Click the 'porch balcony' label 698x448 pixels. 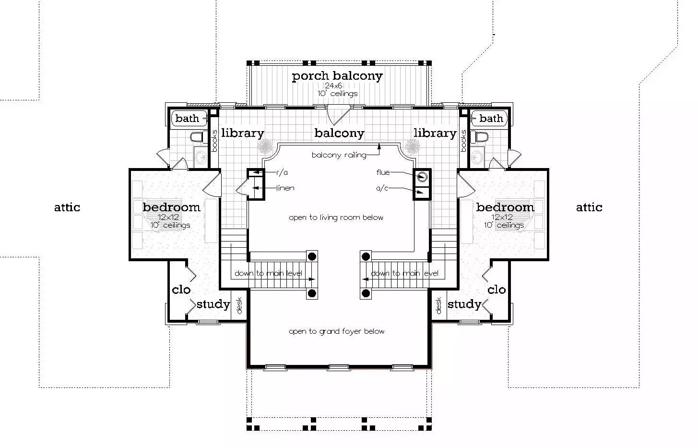(337, 76)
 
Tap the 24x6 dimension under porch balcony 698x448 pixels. (333, 85)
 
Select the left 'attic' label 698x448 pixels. (67, 207)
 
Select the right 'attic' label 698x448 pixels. (589, 207)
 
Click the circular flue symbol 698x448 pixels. (422, 177)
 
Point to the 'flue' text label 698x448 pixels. (383, 172)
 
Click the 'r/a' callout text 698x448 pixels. (282, 172)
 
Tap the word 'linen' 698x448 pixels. (285, 188)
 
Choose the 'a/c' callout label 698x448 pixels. (382, 188)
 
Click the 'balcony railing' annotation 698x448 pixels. (339, 155)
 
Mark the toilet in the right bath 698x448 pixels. (479, 137)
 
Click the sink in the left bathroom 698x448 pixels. (201, 157)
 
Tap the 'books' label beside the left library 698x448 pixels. (214, 141)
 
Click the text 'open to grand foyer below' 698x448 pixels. (337, 331)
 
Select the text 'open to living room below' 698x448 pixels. (336, 218)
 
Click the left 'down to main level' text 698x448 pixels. (268, 274)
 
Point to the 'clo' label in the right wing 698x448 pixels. (497, 290)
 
